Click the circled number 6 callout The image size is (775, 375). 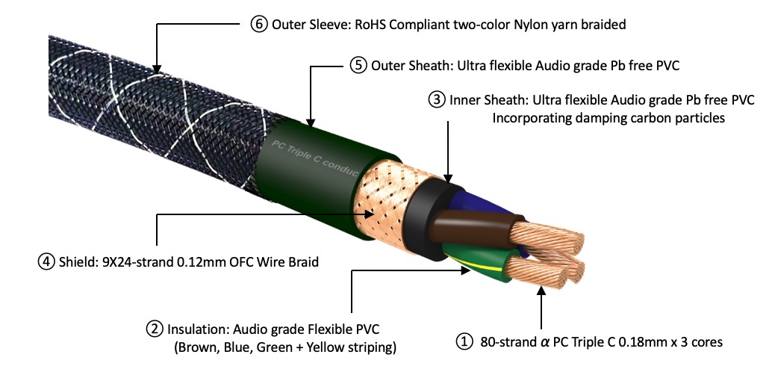258,24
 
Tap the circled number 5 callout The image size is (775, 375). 358,65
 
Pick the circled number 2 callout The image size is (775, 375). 154,328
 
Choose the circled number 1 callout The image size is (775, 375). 464,342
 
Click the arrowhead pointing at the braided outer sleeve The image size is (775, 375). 155,72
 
